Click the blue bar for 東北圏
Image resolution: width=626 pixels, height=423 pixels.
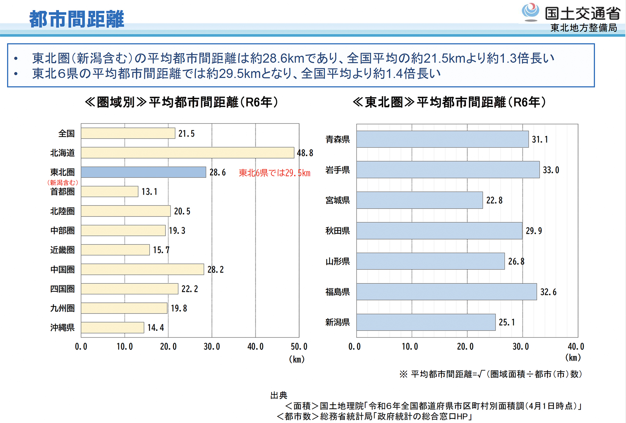[x=143, y=172]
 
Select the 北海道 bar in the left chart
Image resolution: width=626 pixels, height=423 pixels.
[x=187, y=153]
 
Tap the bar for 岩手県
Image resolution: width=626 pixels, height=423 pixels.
[x=448, y=170]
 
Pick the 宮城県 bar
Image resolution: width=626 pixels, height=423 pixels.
[x=419, y=200]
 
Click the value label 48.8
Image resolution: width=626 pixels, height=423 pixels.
[x=305, y=153]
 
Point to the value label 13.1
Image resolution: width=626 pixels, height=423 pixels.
[x=150, y=192]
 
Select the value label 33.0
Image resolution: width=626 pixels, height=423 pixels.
[x=551, y=170]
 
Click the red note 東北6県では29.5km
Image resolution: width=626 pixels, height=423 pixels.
[x=274, y=173]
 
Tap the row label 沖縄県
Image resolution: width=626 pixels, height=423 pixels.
[x=62, y=327]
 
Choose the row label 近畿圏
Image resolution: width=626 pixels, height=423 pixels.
[x=62, y=250]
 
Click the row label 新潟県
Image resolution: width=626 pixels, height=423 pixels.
[x=337, y=322]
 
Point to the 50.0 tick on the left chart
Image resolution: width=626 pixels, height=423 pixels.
[x=299, y=347]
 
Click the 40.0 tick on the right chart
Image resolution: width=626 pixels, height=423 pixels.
[x=576, y=347]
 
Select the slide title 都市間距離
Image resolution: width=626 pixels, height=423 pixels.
[x=77, y=19]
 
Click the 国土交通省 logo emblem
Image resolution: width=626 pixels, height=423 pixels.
[x=530, y=12]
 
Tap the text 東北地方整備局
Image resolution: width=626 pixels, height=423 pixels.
[x=584, y=28]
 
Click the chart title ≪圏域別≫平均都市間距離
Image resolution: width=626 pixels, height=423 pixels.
[x=181, y=102]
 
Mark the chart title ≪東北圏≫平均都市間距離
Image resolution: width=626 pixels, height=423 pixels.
[x=449, y=102]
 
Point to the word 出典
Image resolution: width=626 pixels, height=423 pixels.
[x=279, y=395]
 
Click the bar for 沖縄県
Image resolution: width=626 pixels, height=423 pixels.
[x=112, y=327]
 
